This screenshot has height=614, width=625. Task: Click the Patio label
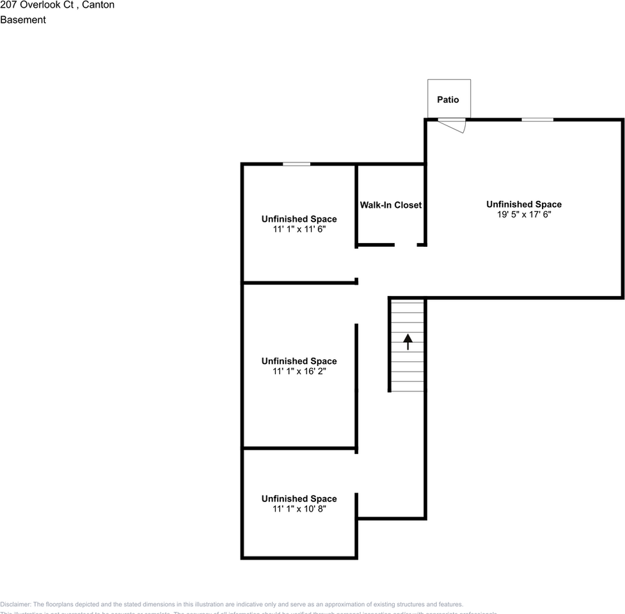tap(448, 100)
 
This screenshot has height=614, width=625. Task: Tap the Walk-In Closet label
tap(390, 205)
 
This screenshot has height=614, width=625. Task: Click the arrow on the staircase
tap(407, 342)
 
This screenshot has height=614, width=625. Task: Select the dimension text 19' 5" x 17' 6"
tap(524, 215)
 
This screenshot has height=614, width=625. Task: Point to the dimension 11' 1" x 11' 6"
tap(299, 230)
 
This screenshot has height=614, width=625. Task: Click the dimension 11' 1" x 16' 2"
tap(299, 372)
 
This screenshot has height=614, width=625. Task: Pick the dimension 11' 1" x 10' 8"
tap(299, 509)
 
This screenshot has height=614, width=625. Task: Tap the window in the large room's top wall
tap(537, 120)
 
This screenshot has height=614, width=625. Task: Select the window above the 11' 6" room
tap(296, 164)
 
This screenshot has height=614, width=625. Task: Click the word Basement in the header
tap(23, 20)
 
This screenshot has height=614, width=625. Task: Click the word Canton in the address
tap(99, 5)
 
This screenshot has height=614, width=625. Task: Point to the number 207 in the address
tap(8, 5)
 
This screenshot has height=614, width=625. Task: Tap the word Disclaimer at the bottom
tap(15, 604)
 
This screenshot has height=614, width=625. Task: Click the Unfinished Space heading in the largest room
tap(524, 205)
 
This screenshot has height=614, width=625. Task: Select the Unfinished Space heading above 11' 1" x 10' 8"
tap(299, 499)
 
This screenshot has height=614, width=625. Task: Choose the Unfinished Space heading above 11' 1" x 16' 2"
tap(299, 361)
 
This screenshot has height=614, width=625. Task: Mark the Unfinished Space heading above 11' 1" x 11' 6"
tap(299, 219)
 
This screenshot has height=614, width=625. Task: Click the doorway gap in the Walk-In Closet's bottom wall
tap(406, 245)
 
